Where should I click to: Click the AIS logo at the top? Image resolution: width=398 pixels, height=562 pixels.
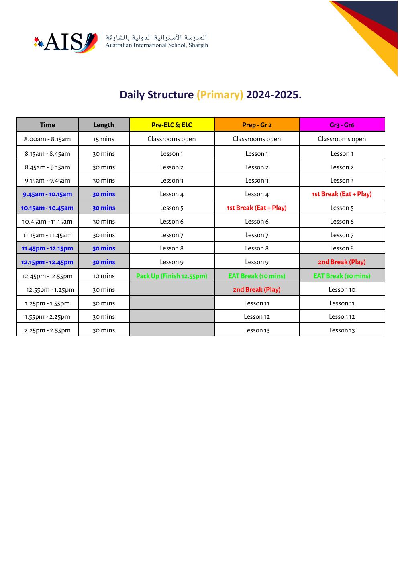point(65,42)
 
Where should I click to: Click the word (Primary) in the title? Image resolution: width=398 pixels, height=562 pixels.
point(220,95)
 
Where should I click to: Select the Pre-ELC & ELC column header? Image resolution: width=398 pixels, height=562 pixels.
point(171,125)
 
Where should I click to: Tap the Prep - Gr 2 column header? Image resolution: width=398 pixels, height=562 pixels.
point(257,125)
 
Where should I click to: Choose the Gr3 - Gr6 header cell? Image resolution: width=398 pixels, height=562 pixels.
point(342,125)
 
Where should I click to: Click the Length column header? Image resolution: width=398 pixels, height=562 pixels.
point(104,125)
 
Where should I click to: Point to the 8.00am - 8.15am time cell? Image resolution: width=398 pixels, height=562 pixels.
point(47,139)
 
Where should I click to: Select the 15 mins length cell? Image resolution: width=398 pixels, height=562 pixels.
point(104,139)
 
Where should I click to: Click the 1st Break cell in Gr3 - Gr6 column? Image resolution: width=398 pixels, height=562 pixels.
point(342,194)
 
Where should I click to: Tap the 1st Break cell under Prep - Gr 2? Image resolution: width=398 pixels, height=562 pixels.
point(257,208)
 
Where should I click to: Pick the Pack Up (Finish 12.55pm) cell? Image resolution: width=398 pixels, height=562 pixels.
point(171,276)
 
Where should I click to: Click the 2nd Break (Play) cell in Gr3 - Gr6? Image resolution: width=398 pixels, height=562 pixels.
point(342,262)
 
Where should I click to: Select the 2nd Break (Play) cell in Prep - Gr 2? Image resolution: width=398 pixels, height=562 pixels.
point(257,289)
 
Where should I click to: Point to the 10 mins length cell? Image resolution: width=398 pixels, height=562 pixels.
point(104,276)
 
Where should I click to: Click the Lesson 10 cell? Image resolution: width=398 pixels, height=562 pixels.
point(342,289)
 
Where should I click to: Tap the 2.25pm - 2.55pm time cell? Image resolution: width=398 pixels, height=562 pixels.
point(47,330)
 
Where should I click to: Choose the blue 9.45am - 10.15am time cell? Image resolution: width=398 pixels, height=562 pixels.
point(47,194)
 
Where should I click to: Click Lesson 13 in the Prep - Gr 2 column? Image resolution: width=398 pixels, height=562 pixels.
point(257,330)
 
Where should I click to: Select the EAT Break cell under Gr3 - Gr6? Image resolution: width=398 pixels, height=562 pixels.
point(342,276)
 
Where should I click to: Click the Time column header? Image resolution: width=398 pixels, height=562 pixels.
point(47,125)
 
